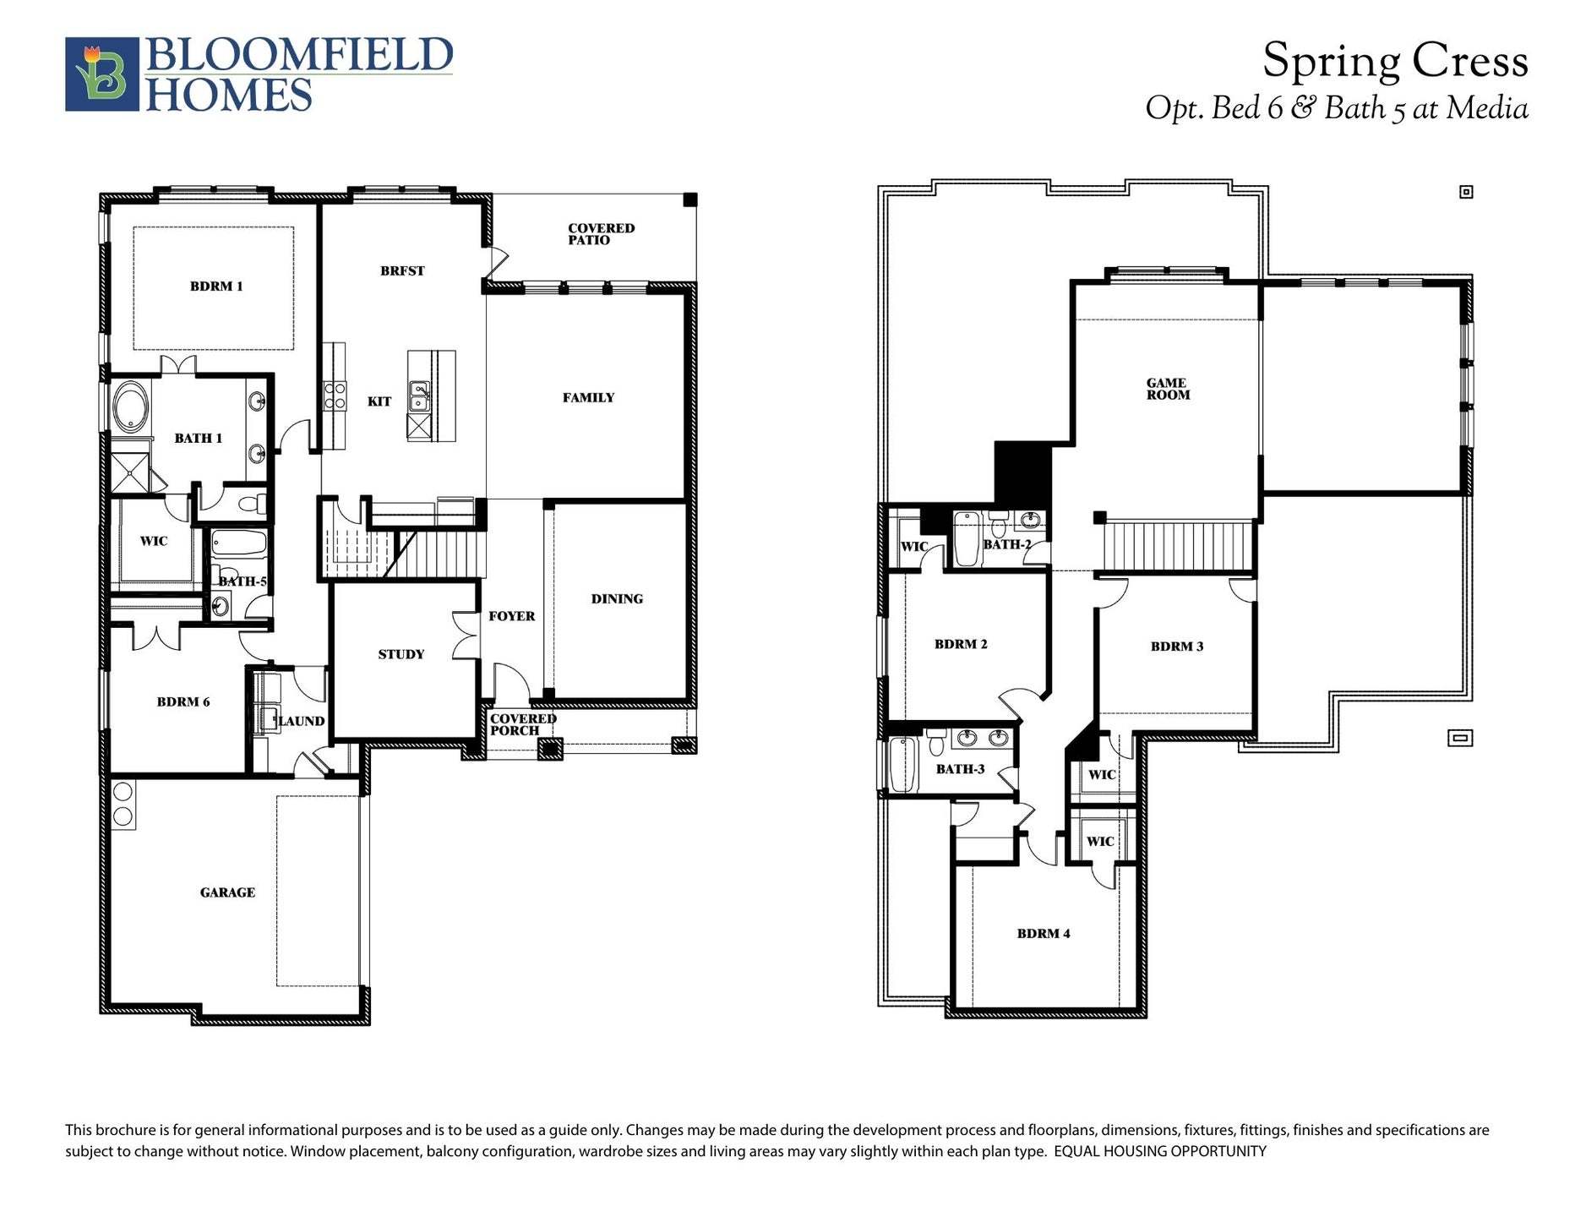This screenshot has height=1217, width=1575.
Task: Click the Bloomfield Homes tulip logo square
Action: point(102,74)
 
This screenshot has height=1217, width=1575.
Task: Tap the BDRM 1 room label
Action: point(216,287)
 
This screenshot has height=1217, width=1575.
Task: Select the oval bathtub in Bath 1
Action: point(131,407)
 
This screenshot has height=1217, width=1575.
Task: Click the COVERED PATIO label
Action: point(601,234)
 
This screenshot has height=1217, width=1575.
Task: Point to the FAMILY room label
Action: point(588,398)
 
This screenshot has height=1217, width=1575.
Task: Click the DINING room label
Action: point(617,599)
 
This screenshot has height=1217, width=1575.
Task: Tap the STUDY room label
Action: point(401,654)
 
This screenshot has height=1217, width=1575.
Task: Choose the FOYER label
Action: point(511,616)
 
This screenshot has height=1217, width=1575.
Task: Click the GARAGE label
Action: point(227,892)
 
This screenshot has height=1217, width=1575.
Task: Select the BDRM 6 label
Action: point(183,702)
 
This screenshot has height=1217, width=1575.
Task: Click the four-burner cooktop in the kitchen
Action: point(335,396)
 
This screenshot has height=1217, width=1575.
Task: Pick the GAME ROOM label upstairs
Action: point(1168,389)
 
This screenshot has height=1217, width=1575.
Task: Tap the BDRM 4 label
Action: point(1044,934)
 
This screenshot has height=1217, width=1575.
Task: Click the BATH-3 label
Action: point(960,770)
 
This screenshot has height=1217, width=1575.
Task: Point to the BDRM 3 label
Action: point(1177,647)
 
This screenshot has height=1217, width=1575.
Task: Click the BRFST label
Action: point(402,271)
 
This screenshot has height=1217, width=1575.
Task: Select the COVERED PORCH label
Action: point(523,725)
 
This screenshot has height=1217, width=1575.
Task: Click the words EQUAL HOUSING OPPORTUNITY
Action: point(1161,1151)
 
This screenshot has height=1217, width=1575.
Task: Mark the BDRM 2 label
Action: point(961,644)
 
